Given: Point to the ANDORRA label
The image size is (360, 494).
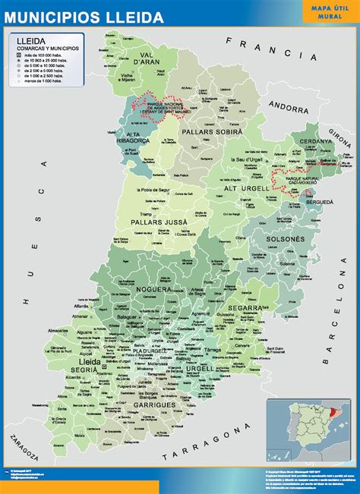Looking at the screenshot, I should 312,106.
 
